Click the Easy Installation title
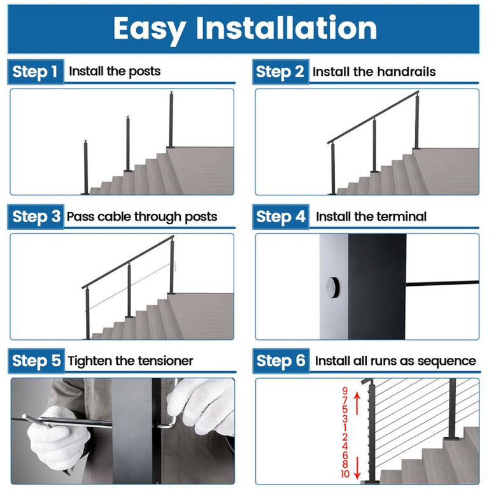point(244,29)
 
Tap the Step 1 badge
point(36,71)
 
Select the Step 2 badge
point(280,71)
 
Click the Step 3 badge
point(36,216)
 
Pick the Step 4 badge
point(280,216)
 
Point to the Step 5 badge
point(36,361)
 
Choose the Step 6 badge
point(280,361)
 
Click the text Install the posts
point(115,71)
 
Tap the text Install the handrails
point(374,72)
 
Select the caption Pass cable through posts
point(142,216)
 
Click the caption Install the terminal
point(371,216)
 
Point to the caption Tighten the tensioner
point(131,361)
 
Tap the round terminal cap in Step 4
point(332,288)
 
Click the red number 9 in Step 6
point(344,390)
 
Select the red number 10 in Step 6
point(344,474)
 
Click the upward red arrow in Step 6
point(357,404)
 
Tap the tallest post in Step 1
point(171,121)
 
